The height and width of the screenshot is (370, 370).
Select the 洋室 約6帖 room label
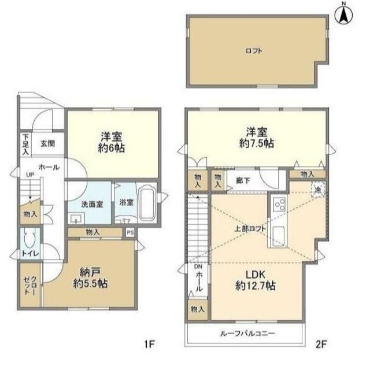[x=113, y=142]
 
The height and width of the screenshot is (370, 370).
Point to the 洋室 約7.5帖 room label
[x=257, y=136]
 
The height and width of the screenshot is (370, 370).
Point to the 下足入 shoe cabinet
[x=25, y=142]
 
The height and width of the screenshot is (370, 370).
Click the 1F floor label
[x=149, y=345]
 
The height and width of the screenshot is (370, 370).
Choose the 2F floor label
[x=321, y=345]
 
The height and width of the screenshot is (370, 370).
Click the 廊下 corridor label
[x=235, y=179]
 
